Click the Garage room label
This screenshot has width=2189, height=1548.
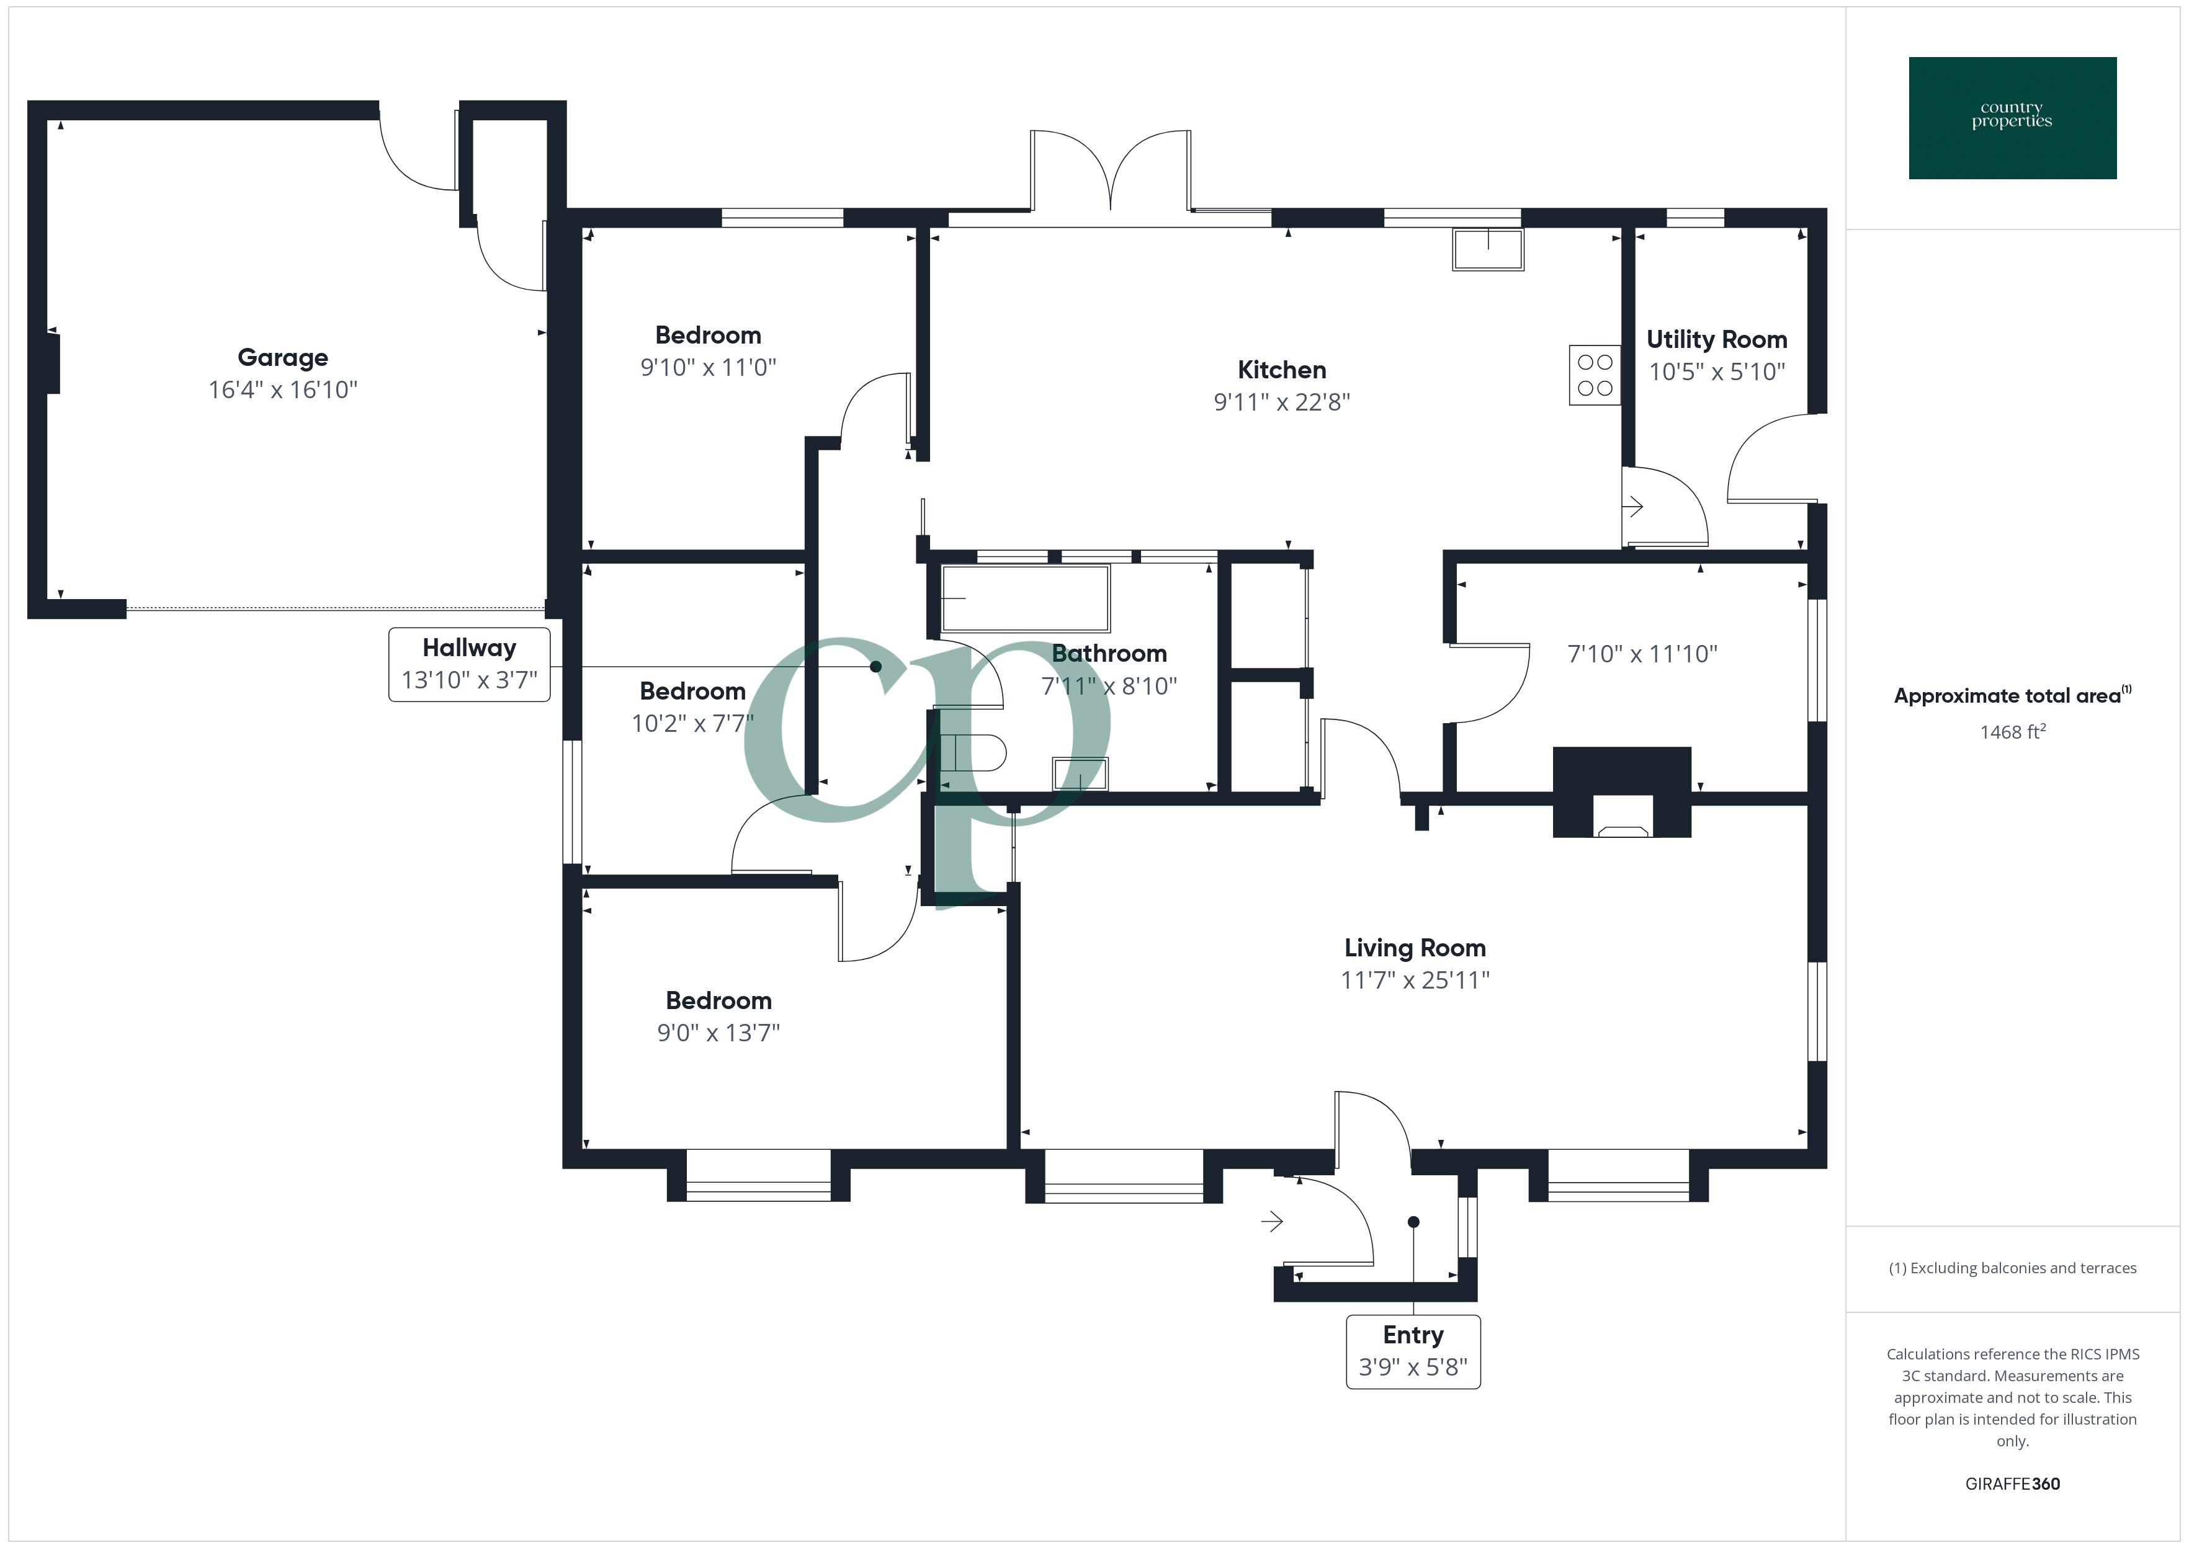(x=282, y=357)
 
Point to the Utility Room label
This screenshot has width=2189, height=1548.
(x=1716, y=339)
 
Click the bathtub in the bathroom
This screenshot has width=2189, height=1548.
(x=1025, y=598)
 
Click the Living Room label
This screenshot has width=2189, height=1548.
(x=1415, y=948)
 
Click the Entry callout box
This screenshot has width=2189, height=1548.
(x=1413, y=1351)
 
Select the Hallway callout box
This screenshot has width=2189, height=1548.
(x=469, y=664)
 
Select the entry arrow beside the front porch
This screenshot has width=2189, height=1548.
(x=1272, y=1221)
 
